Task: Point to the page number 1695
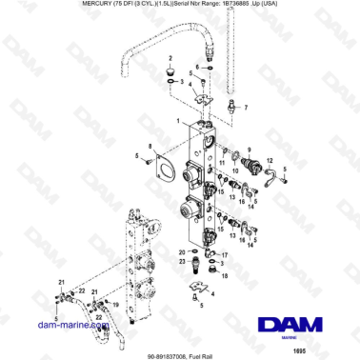pyautogui.click(x=326, y=350)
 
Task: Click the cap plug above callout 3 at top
pyautogui.click(x=169, y=70)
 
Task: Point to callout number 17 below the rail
pyautogui.click(x=224, y=255)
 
